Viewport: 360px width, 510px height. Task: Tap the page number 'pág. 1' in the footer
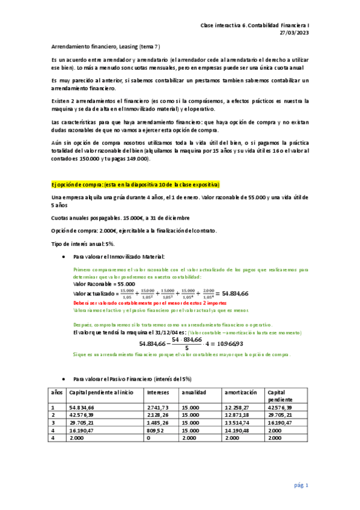[301, 485]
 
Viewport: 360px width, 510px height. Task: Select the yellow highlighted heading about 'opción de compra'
[135, 184]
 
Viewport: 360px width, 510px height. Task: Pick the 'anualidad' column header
[195, 392]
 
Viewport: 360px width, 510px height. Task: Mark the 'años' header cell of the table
[57, 392]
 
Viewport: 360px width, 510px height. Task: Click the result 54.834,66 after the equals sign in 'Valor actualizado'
[235, 293]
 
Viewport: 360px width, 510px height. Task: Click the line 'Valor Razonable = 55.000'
[103, 283]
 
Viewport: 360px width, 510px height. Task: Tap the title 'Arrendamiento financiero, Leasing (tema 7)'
[105, 46]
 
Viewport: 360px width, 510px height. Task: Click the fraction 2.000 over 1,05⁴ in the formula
[210, 293]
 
